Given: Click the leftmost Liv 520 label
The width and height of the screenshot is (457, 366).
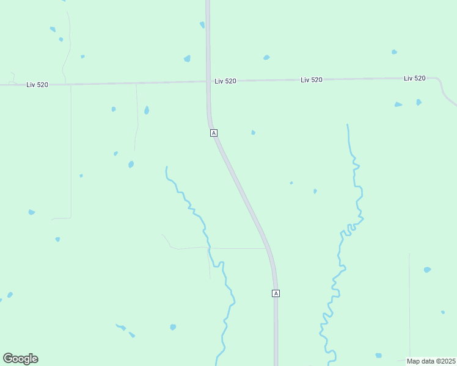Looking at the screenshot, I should pos(37,85).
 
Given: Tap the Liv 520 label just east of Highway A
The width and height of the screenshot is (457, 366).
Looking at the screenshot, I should pos(225,81).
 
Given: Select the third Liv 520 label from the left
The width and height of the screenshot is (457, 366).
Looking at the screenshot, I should pos(312,80).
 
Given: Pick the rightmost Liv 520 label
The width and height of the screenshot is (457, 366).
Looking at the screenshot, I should pos(414,78).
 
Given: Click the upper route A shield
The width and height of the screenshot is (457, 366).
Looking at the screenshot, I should pos(213,132).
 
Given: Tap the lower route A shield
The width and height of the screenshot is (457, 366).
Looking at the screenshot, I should pos(276,293).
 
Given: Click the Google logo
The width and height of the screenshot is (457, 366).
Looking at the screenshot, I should pos(20,359).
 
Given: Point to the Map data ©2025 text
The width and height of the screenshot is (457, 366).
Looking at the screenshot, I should pos(431,361).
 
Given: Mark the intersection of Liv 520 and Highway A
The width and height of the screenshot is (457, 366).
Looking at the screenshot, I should pos(208,81).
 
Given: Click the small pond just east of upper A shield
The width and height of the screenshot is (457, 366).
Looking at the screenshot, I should pos(253,132).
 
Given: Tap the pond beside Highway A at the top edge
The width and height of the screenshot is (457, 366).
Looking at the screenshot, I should pos(202,25).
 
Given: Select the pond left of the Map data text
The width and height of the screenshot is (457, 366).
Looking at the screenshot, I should pos(379,355).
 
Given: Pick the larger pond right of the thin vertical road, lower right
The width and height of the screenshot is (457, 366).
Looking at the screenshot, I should pos(427,269).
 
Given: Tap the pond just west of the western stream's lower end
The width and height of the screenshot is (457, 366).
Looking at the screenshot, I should pos(173,327).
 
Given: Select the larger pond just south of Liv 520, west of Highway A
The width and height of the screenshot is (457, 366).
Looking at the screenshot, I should pos(147,110).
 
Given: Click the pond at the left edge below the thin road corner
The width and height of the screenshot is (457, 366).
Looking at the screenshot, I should pos(32,212).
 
